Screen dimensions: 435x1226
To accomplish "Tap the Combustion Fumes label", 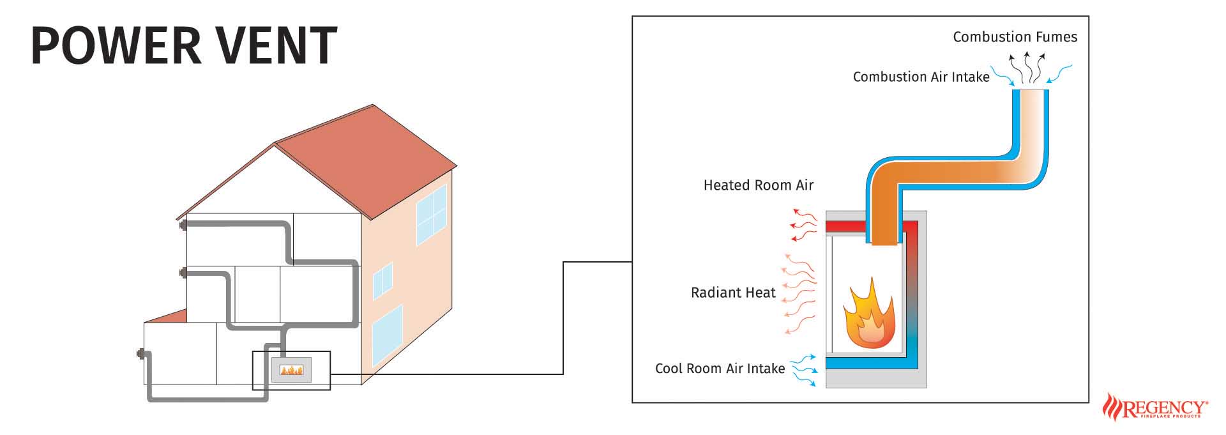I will click(1015, 37).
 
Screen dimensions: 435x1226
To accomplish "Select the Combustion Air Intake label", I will click(921, 77).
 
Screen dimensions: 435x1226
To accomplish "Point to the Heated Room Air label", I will click(758, 185).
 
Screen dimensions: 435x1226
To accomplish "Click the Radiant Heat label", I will click(733, 293).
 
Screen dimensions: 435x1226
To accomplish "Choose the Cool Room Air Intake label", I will click(720, 369).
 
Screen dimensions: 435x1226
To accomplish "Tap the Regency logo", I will click(1156, 407).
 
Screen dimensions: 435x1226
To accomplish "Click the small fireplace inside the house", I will click(292, 370).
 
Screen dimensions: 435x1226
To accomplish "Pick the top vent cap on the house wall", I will click(183, 225).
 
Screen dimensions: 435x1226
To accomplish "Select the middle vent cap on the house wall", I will click(183, 273).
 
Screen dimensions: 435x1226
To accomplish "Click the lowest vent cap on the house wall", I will click(140, 353).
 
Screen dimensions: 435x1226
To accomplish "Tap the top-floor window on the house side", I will click(432, 214).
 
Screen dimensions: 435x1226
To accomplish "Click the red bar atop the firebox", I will click(845, 227).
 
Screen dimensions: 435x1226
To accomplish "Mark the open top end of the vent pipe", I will click(1030, 91).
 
